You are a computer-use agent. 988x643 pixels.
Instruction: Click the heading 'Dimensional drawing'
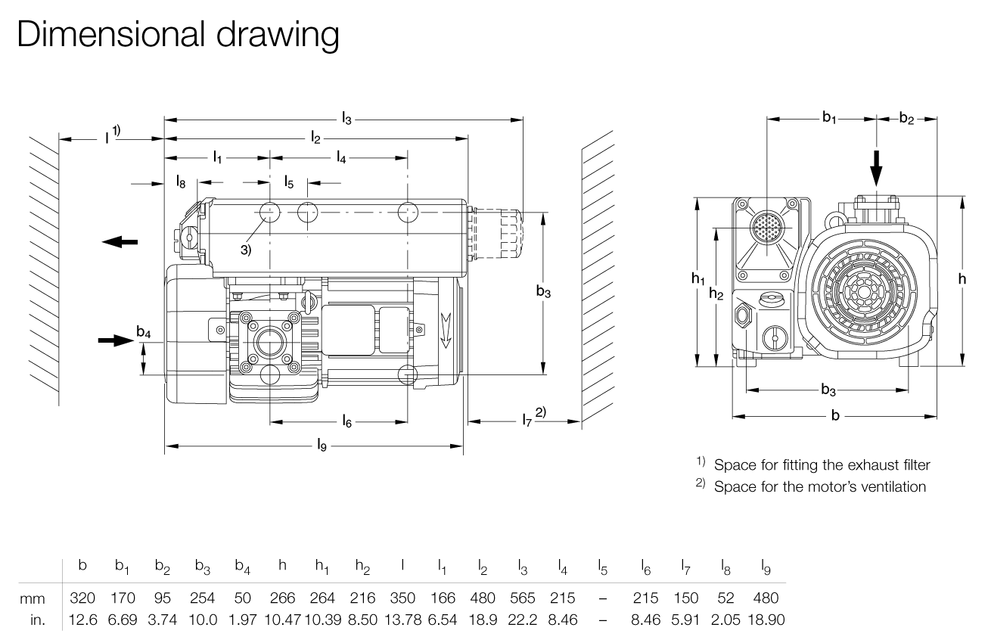point(179,36)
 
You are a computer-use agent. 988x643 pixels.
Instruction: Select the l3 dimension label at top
point(346,118)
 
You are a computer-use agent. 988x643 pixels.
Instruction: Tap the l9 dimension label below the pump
point(322,447)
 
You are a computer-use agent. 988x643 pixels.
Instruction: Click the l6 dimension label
point(346,421)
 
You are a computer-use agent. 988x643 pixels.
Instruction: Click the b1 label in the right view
point(830,118)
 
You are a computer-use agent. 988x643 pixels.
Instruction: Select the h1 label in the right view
point(698,279)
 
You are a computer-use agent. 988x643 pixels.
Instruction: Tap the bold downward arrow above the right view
point(876,166)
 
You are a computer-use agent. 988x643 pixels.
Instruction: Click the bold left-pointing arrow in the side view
point(120,241)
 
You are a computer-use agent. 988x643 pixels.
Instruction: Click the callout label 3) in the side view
point(246,250)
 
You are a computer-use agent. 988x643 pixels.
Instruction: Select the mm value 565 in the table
point(522,598)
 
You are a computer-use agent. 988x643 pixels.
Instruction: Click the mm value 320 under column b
point(82,598)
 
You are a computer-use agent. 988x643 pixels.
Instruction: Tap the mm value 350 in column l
point(402,598)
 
